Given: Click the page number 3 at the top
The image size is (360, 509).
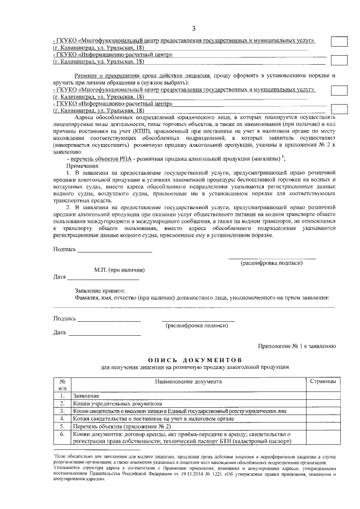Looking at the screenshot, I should click(x=193, y=29).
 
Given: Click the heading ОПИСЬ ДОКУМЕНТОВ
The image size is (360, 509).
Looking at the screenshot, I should click(x=195, y=359).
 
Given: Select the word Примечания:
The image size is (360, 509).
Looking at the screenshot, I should click(x=83, y=166).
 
